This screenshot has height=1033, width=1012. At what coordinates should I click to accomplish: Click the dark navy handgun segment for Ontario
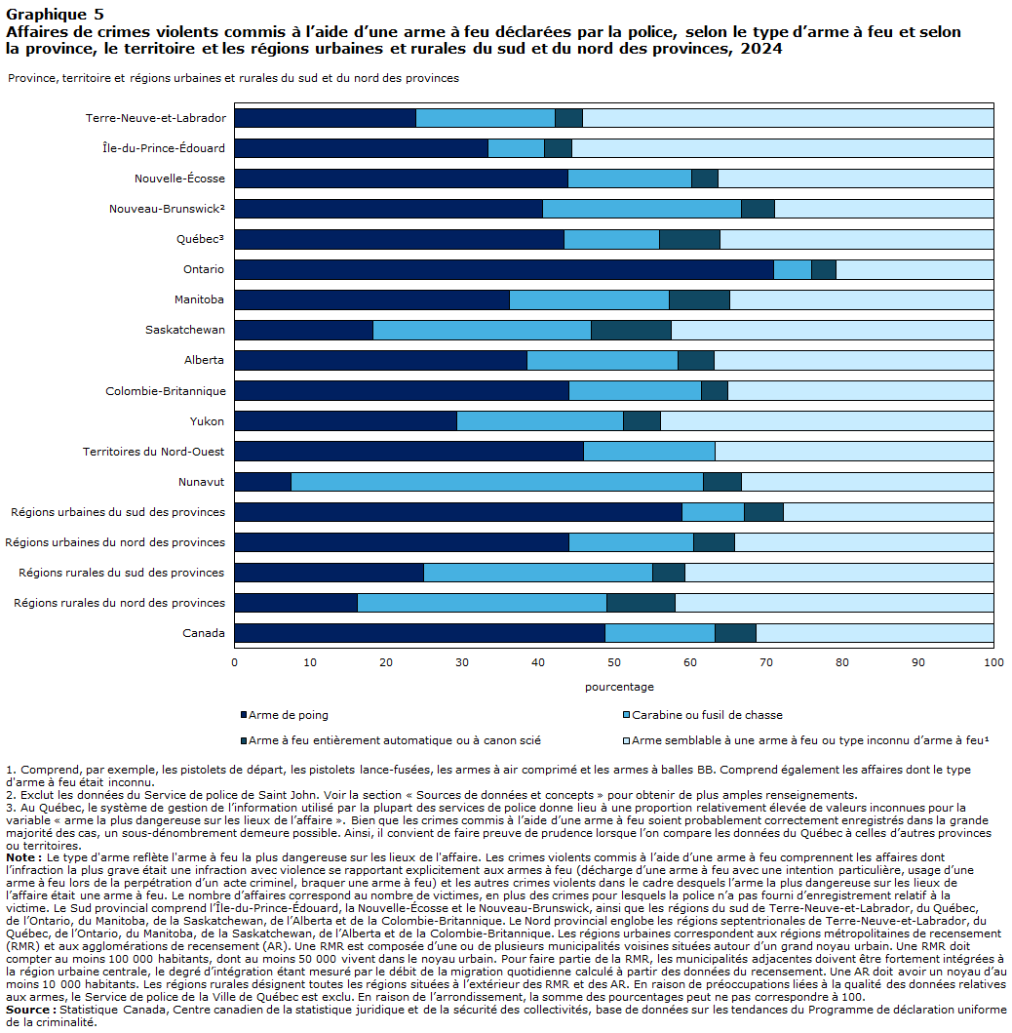pyautogui.click(x=504, y=269)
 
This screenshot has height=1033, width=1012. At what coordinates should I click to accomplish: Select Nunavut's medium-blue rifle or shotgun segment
pyautogui.click(x=497, y=482)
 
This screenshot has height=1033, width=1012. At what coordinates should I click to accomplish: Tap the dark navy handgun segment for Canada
pyautogui.click(x=420, y=633)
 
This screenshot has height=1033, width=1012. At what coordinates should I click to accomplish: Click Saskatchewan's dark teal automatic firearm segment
pyautogui.click(x=631, y=330)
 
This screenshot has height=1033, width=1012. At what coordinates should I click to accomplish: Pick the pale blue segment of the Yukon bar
pyautogui.click(x=827, y=421)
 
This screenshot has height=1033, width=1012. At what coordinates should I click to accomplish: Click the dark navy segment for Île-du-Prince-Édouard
pyautogui.click(x=362, y=148)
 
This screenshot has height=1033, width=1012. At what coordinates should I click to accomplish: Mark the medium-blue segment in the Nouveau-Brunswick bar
pyautogui.click(x=642, y=209)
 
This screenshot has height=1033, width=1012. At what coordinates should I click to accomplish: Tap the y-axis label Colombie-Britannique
pyautogui.click(x=166, y=391)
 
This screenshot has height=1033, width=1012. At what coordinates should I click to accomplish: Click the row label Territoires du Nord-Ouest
pyautogui.click(x=153, y=452)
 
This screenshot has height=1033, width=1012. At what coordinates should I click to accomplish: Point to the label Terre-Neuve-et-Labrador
pyautogui.click(x=155, y=118)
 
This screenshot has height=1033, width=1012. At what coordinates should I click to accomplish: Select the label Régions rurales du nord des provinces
pyautogui.click(x=119, y=603)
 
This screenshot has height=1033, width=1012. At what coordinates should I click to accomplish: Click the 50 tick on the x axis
pyautogui.click(x=613, y=662)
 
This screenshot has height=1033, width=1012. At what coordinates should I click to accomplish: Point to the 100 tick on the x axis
pyautogui.click(x=993, y=662)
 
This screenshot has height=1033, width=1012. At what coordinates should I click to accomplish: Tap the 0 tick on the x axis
pyautogui.click(x=234, y=662)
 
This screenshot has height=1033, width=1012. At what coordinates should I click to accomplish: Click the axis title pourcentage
pyautogui.click(x=619, y=687)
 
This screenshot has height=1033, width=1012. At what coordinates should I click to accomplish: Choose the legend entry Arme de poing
pyautogui.click(x=285, y=715)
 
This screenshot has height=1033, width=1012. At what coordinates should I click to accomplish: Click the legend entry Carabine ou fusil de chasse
pyautogui.click(x=703, y=715)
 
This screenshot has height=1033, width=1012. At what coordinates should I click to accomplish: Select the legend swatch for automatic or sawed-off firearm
pyautogui.click(x=244, y=740)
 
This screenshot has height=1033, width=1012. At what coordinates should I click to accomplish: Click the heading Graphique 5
pyautogui.click(x=55, y=15)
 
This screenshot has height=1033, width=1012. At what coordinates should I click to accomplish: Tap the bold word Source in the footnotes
pyautogui.click(x=27, y=1010)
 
